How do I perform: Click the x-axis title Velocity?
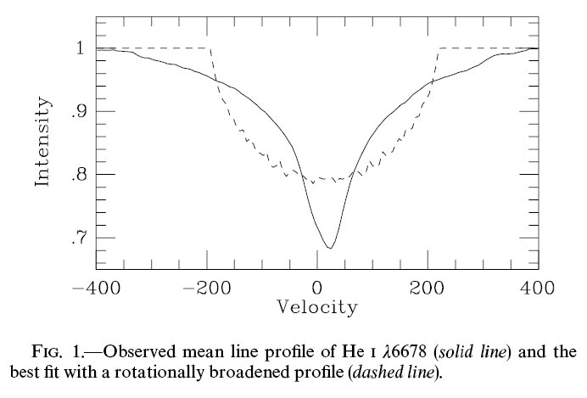(316, 306)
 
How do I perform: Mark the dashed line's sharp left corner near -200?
(209, 48)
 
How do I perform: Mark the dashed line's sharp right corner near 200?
(438, 48)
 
